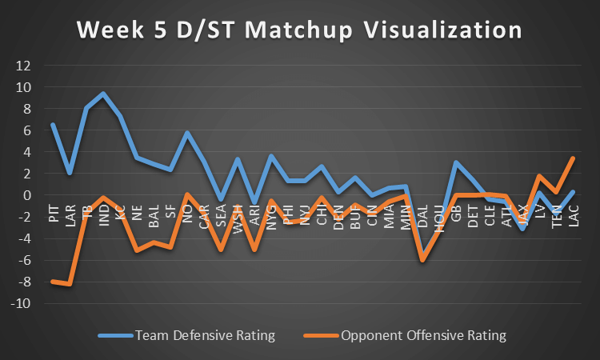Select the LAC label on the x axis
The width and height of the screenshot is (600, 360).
(x=573, y=215)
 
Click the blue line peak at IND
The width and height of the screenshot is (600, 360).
(x=103, y=94)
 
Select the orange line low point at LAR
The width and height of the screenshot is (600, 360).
(x=70, y=284)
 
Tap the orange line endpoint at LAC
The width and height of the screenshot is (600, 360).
(x=573, y=158)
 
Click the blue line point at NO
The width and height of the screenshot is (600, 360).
(x=187, y=133)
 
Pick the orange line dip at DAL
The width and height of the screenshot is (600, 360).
(x=422, y=260)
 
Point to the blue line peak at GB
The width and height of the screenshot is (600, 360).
(x=456, y=162)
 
